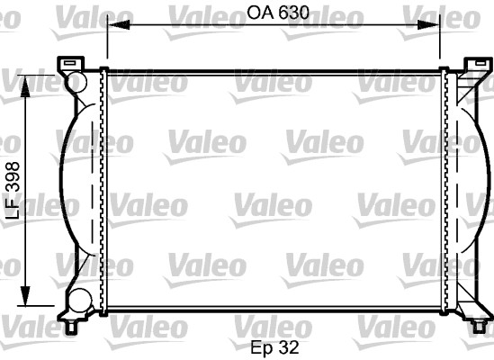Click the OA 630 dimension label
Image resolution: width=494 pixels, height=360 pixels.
click(277, 13)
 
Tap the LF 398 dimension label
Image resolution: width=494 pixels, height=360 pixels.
click(13, 191)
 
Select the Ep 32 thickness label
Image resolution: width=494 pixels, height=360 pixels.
click(274, 347)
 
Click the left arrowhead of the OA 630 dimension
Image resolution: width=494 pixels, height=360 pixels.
click(119, 24)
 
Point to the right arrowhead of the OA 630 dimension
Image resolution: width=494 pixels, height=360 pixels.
click(428, 24)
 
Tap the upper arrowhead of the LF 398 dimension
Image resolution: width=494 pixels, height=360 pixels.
click(25, 86)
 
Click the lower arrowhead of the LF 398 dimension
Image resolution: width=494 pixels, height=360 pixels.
click(25, 295)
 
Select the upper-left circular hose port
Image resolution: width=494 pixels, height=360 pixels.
click(76, 82)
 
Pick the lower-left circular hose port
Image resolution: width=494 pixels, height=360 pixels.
click(80, 300)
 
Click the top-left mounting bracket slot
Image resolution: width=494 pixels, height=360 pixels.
click(69, 63)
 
